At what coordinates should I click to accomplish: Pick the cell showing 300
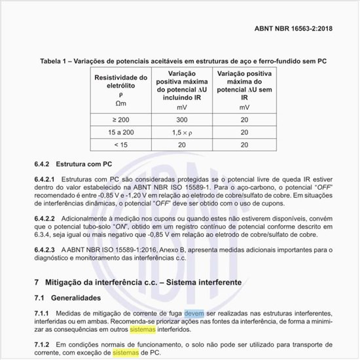coord(181,120)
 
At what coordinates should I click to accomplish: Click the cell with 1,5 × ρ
coord(181,132)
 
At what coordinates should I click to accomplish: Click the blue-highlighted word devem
coord(194,314)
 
